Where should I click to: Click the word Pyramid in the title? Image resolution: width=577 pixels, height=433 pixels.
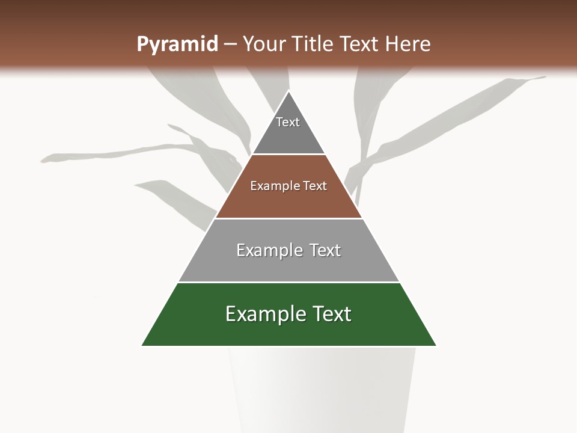[x=177, y=45]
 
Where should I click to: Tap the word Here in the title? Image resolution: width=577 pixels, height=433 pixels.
[x=408, y=44]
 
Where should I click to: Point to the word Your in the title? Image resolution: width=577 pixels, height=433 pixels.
[x=264, y=44]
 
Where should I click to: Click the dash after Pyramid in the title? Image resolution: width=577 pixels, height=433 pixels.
[x=230, y=45]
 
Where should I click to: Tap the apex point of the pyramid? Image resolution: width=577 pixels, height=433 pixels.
[x=289, y=91]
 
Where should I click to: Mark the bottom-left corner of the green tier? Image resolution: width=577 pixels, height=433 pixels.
[x=142, y=345]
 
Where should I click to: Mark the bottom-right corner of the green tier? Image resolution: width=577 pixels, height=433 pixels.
[x=436, y=345]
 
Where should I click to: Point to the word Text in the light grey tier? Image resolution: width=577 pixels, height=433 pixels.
[x=325, y=250]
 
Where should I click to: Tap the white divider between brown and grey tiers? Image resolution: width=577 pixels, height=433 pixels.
[x=288, y=218]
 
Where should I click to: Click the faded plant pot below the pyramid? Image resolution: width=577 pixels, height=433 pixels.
[x=322, y=391]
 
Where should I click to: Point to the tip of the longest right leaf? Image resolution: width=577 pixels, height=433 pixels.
[x=545, y=77]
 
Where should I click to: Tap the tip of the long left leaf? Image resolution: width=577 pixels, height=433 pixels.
[x=42, y=161]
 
